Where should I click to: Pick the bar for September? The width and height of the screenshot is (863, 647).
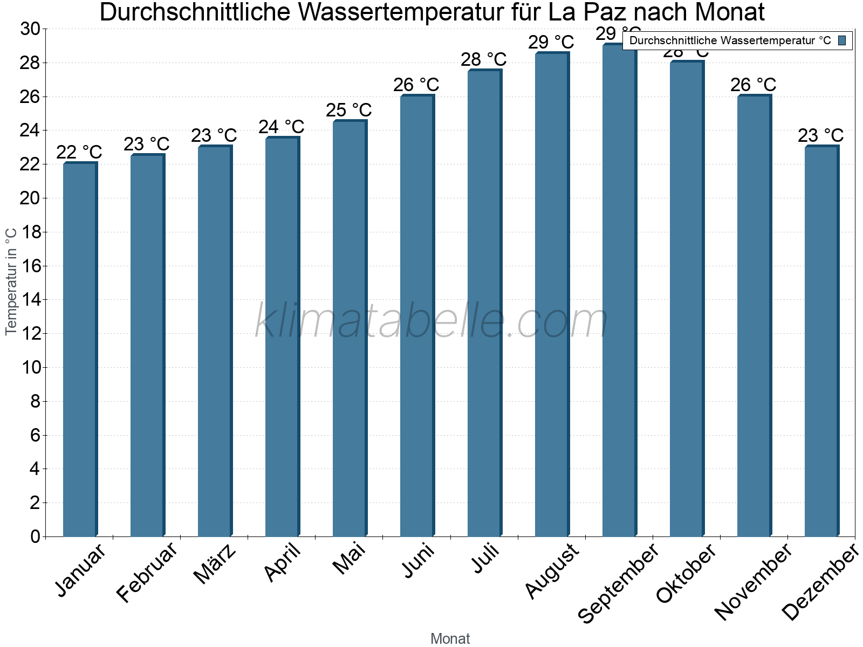619,291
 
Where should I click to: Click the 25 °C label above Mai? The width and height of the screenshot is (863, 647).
349,110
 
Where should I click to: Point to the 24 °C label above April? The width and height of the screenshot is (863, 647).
282,127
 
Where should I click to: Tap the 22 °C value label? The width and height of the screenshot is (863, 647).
79,153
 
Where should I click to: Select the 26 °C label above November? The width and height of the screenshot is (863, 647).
754,85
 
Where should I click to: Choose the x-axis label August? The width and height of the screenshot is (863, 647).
551,570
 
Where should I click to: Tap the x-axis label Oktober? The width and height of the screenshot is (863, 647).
686,574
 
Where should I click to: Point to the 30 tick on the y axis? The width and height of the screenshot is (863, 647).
30,29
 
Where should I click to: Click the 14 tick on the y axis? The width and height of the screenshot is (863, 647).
30,300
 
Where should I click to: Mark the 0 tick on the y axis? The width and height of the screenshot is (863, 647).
36,536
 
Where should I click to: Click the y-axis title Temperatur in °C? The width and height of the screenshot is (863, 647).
11,281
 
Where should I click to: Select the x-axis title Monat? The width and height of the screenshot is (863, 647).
450,638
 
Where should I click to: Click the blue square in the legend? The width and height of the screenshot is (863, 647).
842,40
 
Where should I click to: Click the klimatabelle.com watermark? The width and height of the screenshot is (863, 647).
432,321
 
